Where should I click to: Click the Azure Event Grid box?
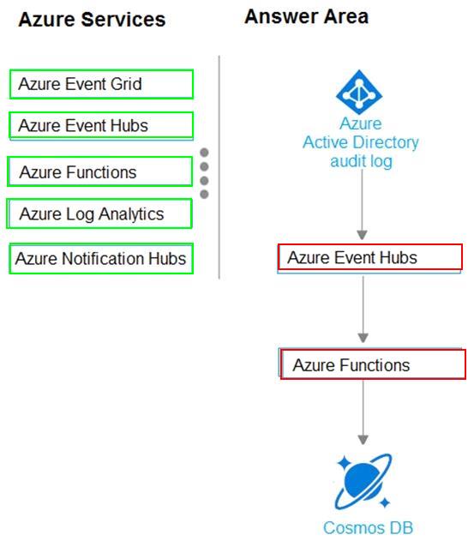[x=101, y=84]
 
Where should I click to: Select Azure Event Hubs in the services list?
[x=101, y=125]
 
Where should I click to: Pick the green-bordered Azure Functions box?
[x=99, y=171]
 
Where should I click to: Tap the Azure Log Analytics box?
[x=99, y=213]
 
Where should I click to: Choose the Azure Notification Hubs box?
[x=101, y=259]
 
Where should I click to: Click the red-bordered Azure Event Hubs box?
[x=370, y=257]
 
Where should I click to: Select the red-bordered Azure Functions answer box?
[x=373, y=364]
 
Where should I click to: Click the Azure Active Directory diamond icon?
[x=359, y=92]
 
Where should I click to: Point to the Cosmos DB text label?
[x=368, y=528]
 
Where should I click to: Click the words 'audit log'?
[x=362, y=161]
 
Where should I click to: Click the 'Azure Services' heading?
[x=92, y=19]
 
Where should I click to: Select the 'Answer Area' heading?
[x=306, y=16]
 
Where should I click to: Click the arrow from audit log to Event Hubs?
[x=362, y=205]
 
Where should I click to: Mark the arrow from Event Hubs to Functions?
[x=363, y=310]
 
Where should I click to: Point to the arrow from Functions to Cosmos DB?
[x=363, y=412]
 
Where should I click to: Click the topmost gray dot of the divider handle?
[x=204, y=153]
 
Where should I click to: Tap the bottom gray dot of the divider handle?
[x=204, y=194]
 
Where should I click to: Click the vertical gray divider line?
[x=219, y=167]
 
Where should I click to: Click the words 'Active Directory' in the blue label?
[x=361, y=142]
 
